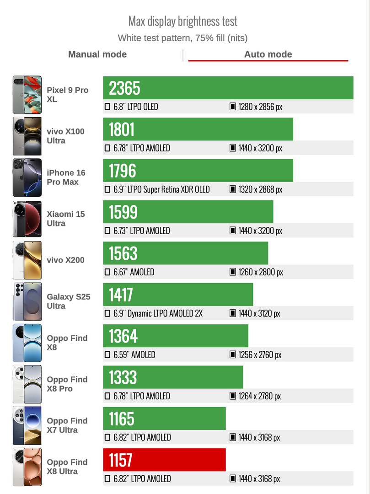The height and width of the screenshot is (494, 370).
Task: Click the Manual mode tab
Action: point(97,54)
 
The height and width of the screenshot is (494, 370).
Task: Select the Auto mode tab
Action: point(268,54)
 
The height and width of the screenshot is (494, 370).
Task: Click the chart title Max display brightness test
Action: point(183,21)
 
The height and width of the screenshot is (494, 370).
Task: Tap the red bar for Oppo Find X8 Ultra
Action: point(165,460)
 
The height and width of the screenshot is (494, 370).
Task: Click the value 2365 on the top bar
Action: point(124,88)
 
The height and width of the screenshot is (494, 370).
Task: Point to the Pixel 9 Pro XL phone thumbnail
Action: point(27,95)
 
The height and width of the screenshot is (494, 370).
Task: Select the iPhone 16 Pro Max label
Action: point(66,177)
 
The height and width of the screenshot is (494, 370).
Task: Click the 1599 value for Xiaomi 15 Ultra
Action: point(123,212)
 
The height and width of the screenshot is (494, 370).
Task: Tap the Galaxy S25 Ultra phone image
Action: point(27,301)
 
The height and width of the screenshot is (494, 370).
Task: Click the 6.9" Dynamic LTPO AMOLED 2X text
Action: point(158,313)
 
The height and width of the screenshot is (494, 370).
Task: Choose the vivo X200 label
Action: point(65,260)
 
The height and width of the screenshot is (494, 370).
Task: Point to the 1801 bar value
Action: point(122,129)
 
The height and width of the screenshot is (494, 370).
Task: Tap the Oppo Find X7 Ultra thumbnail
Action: point(27,425)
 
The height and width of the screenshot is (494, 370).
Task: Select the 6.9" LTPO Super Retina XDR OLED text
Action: point(161,189)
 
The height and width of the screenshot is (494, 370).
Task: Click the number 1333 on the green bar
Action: point(123,377)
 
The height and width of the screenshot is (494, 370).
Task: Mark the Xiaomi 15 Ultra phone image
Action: point(27,219)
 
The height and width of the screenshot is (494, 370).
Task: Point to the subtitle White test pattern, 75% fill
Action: point(183,38)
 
